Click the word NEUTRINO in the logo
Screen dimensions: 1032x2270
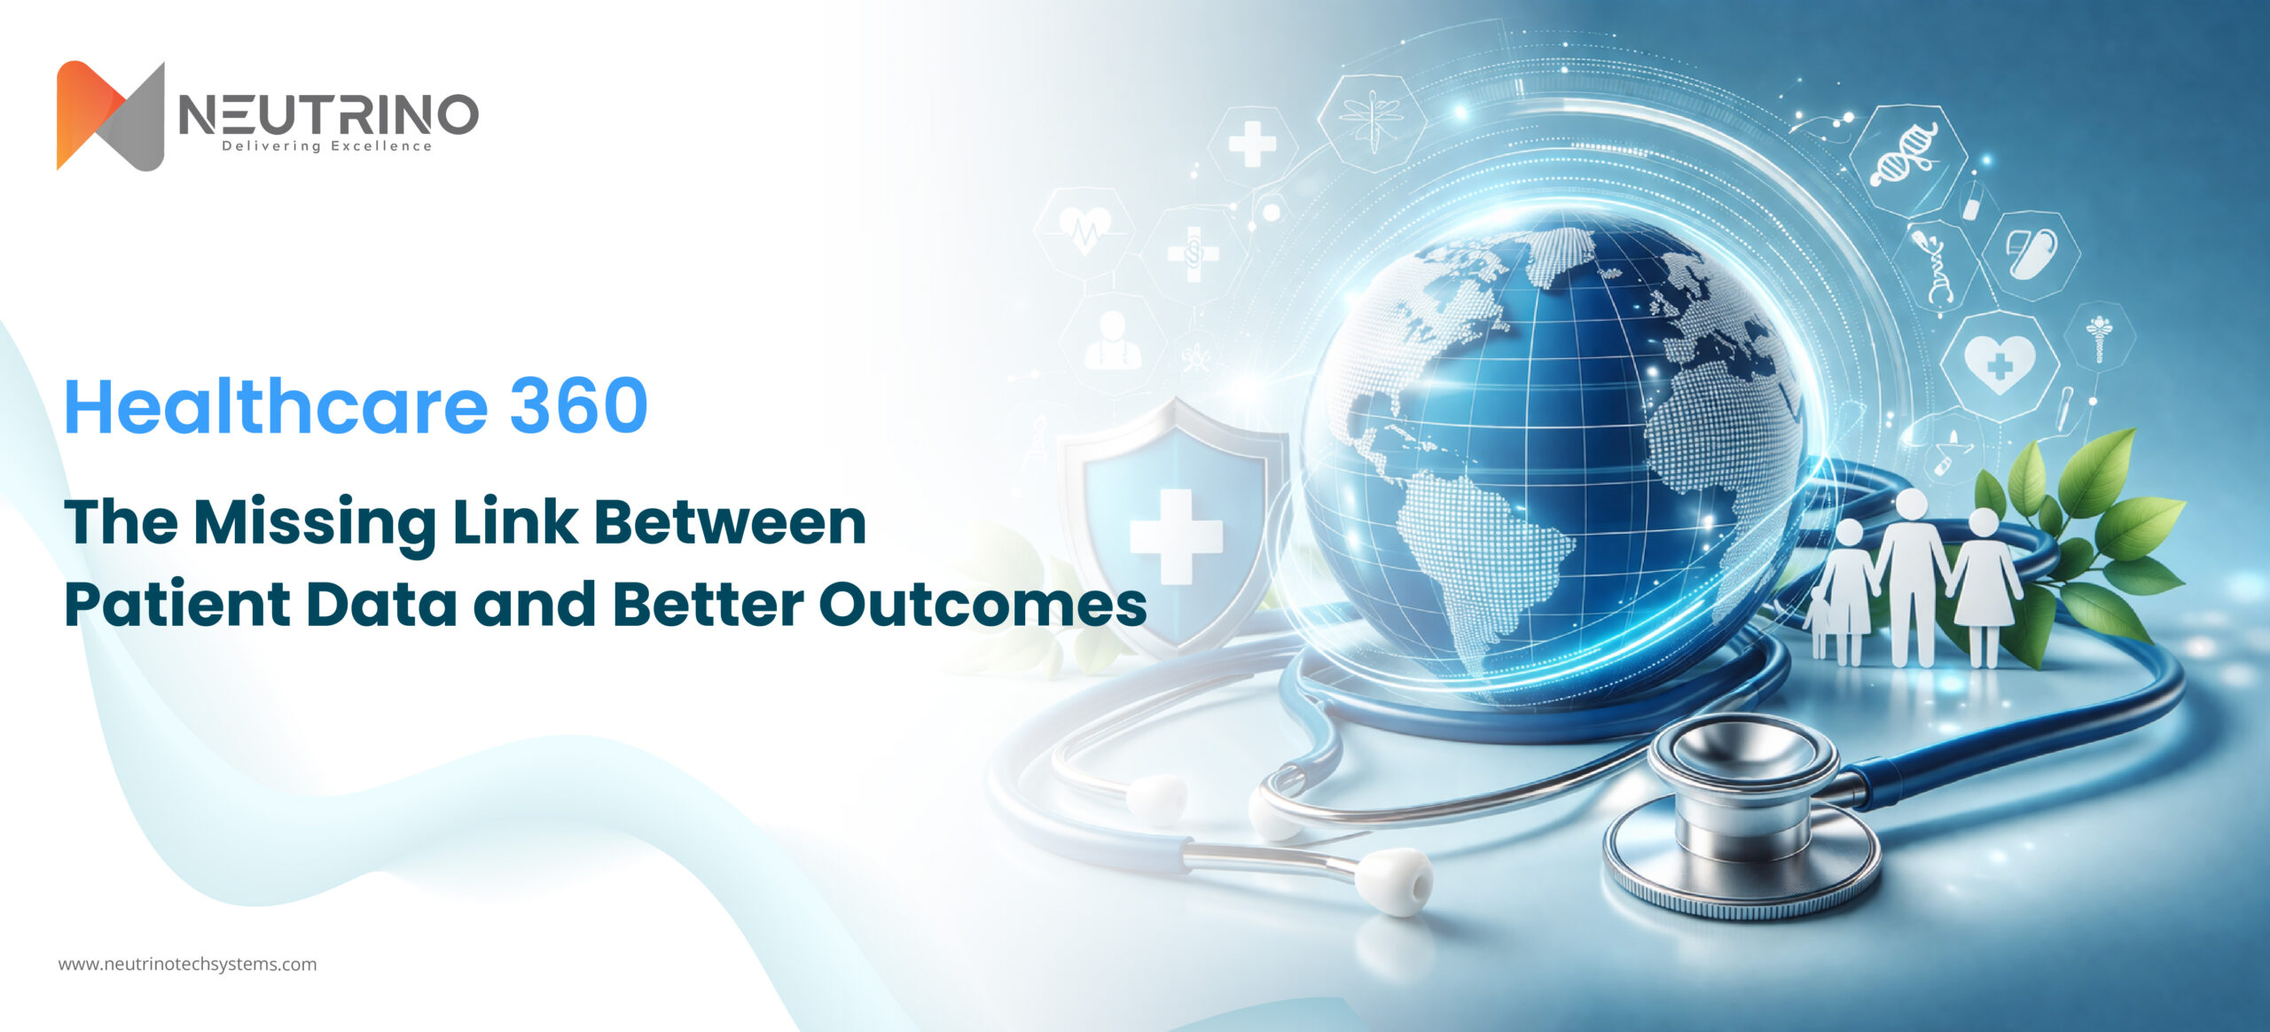coord(328,115)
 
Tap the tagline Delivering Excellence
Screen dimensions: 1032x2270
coord(326,146)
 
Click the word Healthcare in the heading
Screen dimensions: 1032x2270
coord(276,406)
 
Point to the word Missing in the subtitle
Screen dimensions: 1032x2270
coord(315,523)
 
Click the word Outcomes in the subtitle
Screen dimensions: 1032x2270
coord(982,605)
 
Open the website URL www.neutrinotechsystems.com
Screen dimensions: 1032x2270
coord(187,965)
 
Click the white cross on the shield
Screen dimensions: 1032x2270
coord(1176,536)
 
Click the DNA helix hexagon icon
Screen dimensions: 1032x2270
coord(1904,156)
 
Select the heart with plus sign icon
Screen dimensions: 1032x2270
coord(1999,364)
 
